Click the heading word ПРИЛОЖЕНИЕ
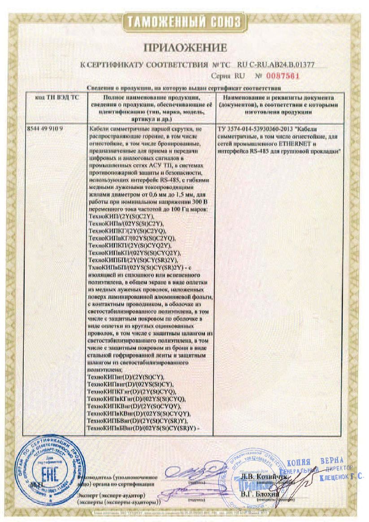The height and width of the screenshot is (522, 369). pos(185,47)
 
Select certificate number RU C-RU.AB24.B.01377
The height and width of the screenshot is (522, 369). pos(275,65)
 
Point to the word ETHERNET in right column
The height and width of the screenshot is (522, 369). pos(302,144)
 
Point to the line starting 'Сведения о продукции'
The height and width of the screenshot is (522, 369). pos(183,88)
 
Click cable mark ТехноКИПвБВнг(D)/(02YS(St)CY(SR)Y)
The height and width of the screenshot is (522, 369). pos(144,428)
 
